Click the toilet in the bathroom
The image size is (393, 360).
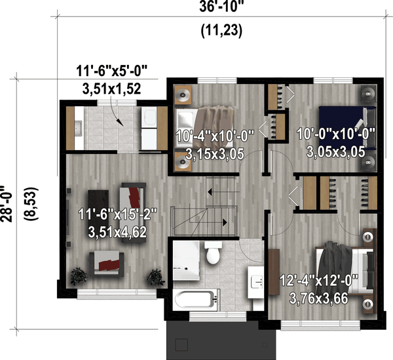click(x=212, y=252)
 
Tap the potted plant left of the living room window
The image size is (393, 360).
click(x=79, y=275)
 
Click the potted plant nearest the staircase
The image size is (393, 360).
click(x=155, y=275)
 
